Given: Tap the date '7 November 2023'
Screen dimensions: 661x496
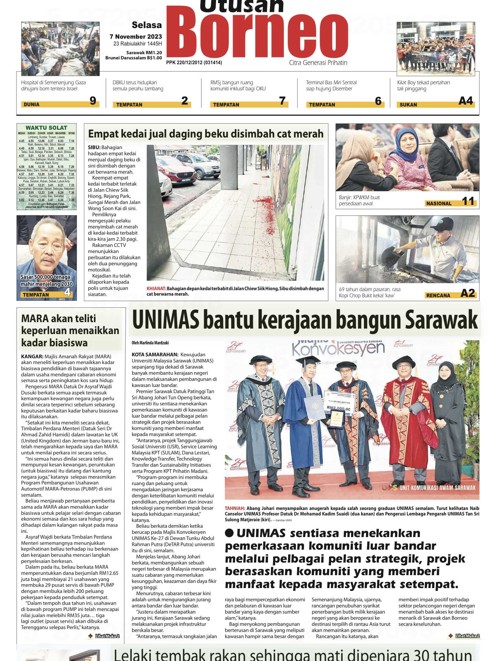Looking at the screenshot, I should [136, 37].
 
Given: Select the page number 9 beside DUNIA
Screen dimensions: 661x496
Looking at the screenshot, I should [93, 101].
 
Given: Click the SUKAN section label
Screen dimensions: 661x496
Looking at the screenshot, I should [408, 105].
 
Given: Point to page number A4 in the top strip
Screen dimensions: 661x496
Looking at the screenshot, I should [465, 101].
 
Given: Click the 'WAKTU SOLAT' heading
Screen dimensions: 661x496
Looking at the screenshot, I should [46, 128].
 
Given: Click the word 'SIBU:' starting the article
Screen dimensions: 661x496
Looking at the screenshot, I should [94, 147].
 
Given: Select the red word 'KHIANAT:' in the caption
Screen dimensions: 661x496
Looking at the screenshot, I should [156, 289].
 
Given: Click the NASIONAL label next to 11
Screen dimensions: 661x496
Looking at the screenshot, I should [439, 203].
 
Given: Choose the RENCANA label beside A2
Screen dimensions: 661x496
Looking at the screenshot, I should [438, 295].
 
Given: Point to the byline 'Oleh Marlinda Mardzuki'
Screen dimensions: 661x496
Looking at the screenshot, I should [150, 343].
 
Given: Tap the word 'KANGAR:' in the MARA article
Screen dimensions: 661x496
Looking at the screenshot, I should [32, 357].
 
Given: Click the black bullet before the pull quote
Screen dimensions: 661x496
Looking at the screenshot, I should [229, 533].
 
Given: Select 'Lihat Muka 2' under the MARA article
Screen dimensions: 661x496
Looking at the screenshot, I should [107, 636].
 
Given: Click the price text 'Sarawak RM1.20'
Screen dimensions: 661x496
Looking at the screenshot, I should [144, 53].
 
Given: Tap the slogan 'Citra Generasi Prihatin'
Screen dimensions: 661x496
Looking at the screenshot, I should [318, 63].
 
